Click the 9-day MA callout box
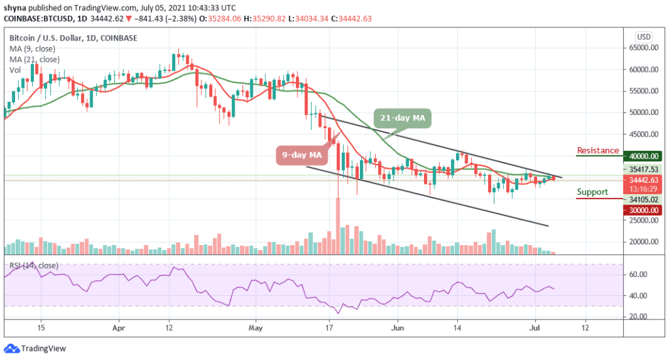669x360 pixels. (x=302, y=155)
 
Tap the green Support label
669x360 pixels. (x=592, y=192)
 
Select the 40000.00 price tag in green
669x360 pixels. (x=642, y=156)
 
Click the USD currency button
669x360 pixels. (x=644, y=37)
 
